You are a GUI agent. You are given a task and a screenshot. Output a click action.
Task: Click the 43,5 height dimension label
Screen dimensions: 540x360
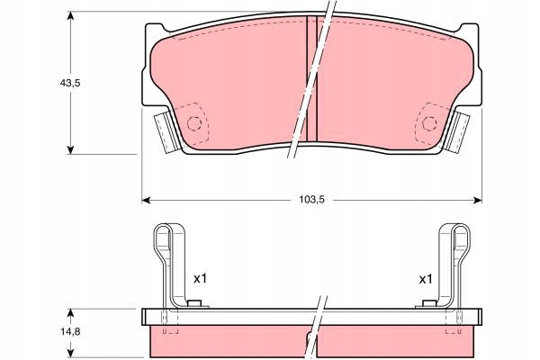point(70,83)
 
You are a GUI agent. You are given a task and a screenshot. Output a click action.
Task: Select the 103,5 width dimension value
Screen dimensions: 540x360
point(311,200)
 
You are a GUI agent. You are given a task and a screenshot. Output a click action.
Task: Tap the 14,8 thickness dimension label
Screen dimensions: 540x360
point(70,331)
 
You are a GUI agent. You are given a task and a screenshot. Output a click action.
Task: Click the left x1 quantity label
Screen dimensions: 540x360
point(200,278)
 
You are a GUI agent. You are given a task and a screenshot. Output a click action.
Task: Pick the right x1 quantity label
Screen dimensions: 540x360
point(426,279)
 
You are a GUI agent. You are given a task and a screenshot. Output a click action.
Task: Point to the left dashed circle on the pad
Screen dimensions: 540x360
point(193,123)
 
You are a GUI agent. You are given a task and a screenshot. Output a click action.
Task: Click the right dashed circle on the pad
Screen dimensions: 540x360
point(429,123)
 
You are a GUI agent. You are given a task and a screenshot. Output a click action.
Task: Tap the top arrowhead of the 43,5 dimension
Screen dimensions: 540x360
point(70,16)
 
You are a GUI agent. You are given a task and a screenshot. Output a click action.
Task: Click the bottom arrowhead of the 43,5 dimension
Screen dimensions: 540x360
point(70,149)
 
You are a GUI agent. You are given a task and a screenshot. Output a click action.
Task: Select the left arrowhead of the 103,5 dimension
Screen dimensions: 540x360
point(147,200)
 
